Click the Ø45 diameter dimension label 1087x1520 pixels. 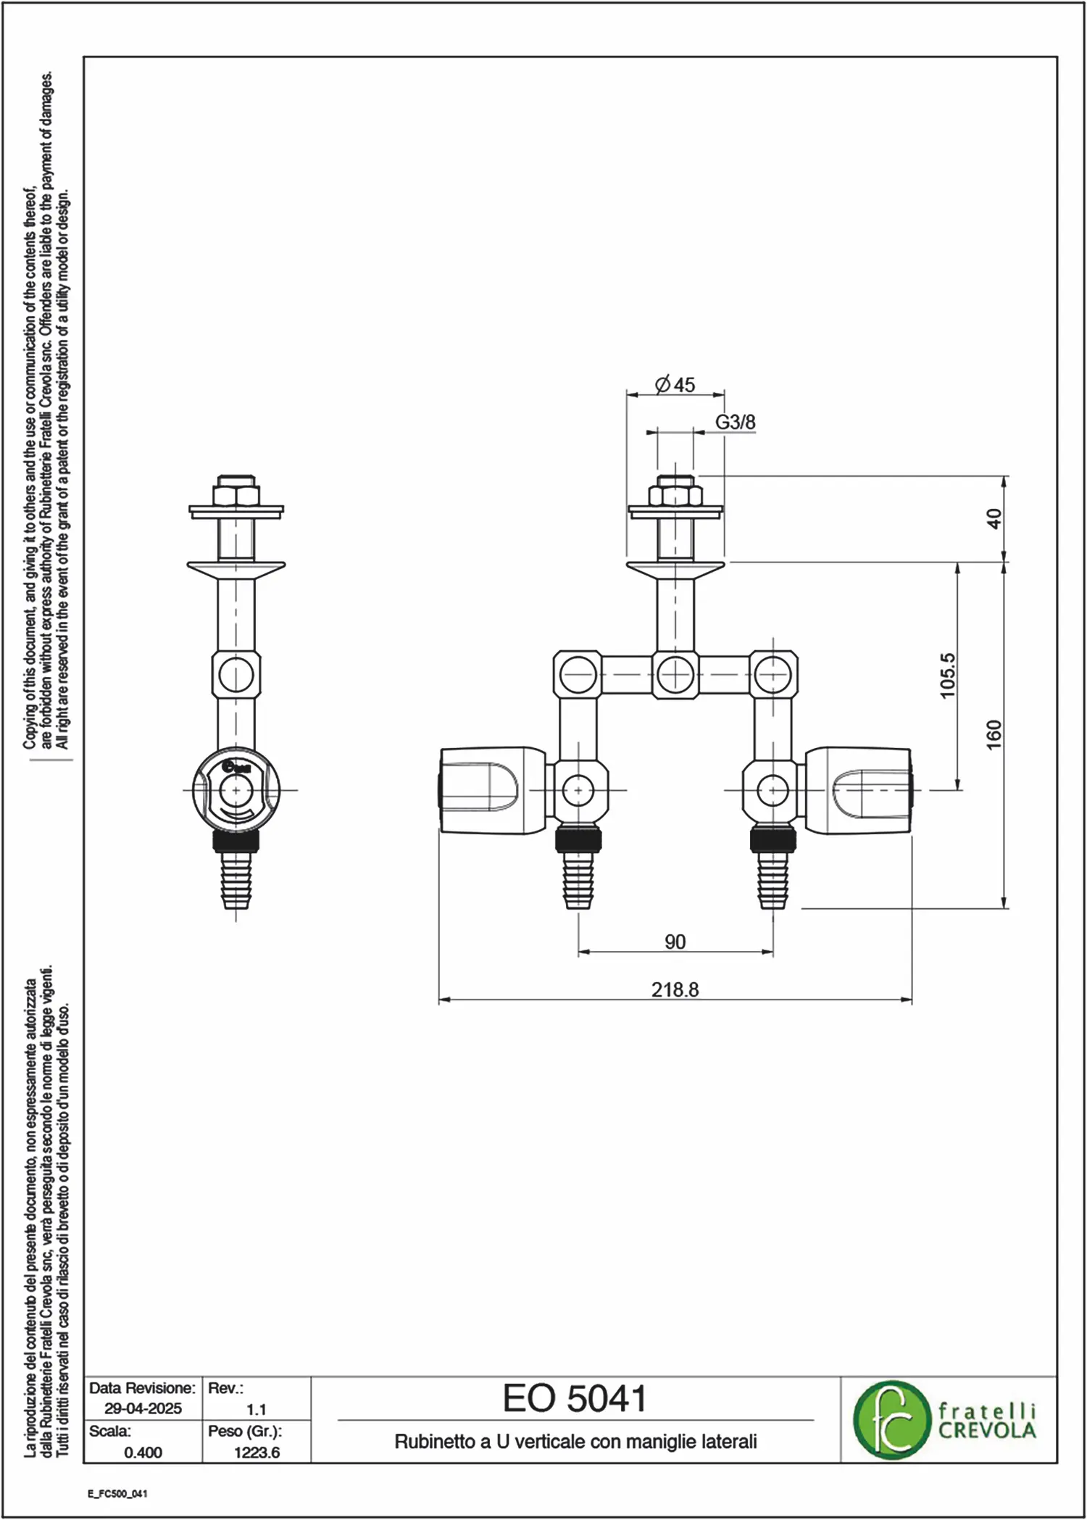(675, 384)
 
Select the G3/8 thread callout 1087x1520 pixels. (736, 422)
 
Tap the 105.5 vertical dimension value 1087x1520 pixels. (948, 676)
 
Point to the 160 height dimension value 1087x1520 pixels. (994, 734)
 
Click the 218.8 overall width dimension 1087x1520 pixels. (675, 989)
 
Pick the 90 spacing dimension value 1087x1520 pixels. (675, 942)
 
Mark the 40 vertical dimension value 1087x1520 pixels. (994, 519)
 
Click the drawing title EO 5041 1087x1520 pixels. (575, 1399)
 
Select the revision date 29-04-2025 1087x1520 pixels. (143, 1408)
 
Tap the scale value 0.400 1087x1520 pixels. (143, 1452)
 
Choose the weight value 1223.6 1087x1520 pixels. (257, 1452)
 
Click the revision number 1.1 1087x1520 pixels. (257, 1409)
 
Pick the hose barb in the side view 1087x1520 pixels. (236, 879)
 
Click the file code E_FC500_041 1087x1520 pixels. (117, 1494)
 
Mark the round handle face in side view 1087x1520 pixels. (236, 789)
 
